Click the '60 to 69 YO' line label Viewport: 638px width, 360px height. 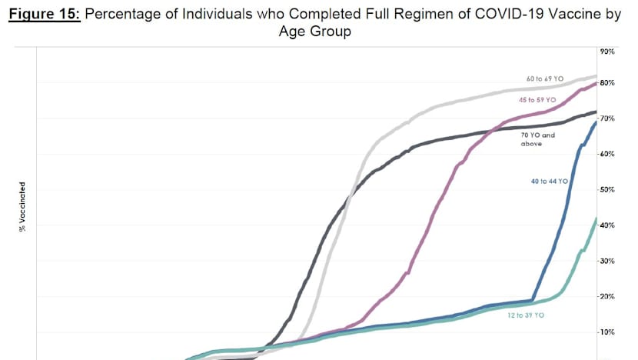coord(545,79)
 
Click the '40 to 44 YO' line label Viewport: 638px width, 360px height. coord(548,182)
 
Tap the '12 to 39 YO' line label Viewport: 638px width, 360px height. coord(526,316)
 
